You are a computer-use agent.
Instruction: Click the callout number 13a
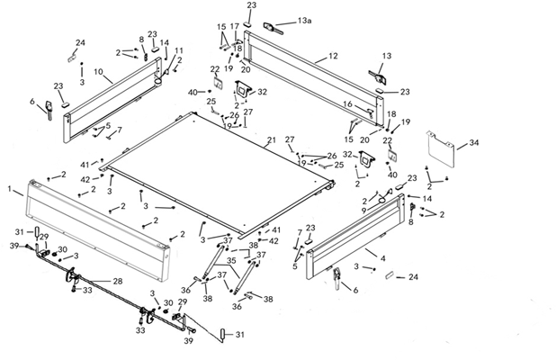pyautogui.click(x=304, y=21)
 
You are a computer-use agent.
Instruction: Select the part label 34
pyautogui.click(x=474, y=142)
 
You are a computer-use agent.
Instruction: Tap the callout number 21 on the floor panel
pyautogui.click(x=272, y=140)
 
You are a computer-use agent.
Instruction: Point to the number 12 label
pyautogui.click(x=333, y=56)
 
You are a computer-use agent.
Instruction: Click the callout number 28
pyautogui.click(x=118, y=282)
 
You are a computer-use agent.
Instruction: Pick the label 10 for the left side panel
pyautogui.click(x=98, y=72)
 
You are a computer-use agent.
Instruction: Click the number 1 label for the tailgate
pyautogui.click(x=10, y=189)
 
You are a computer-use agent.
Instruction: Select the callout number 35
pyautogui.click(x=231, y=261)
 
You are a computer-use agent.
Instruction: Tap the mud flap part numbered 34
pyautogui.click(x=441, y=149)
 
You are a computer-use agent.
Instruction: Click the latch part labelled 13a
pyautogui.click(x=273, y=28)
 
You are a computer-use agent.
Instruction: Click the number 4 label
pyautogui.click(x=382, y=258)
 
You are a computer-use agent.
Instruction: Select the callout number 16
pyautogui.click(x=348, y=103)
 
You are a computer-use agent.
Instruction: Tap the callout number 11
pyautogui.click(x=179, y=50)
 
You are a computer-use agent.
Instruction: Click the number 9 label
pyautogui.click(x=363, y=211)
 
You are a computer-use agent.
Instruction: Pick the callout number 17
pyautogui.click(x=235, y=27)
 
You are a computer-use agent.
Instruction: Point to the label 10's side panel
pyautogui.click(x=112, y=101)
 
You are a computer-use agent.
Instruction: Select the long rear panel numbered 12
pyautogui.click(x=314, y=78)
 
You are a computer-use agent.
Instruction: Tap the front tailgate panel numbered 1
pyautogui.click(x=98, y=230)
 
